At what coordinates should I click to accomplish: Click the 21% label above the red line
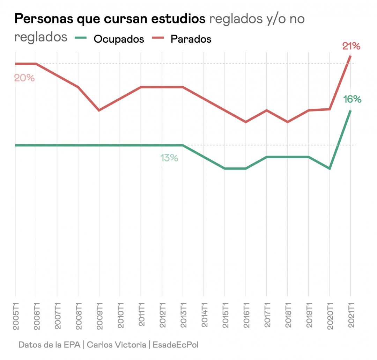[x=351, y=46]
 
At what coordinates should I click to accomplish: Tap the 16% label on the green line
[x=352, y=99]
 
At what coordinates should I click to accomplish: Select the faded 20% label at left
[x=24, y=78]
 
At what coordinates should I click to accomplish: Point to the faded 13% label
[x=169, y=158]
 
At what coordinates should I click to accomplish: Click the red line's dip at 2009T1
[x=99, y=110]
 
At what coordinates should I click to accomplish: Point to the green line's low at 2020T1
[x=330, y=168]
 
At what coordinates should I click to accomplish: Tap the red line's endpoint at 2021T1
[x=350, y=57]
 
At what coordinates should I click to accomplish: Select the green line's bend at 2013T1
[x=183, y=145]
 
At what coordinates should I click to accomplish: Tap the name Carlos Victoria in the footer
[x=117, y=345]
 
